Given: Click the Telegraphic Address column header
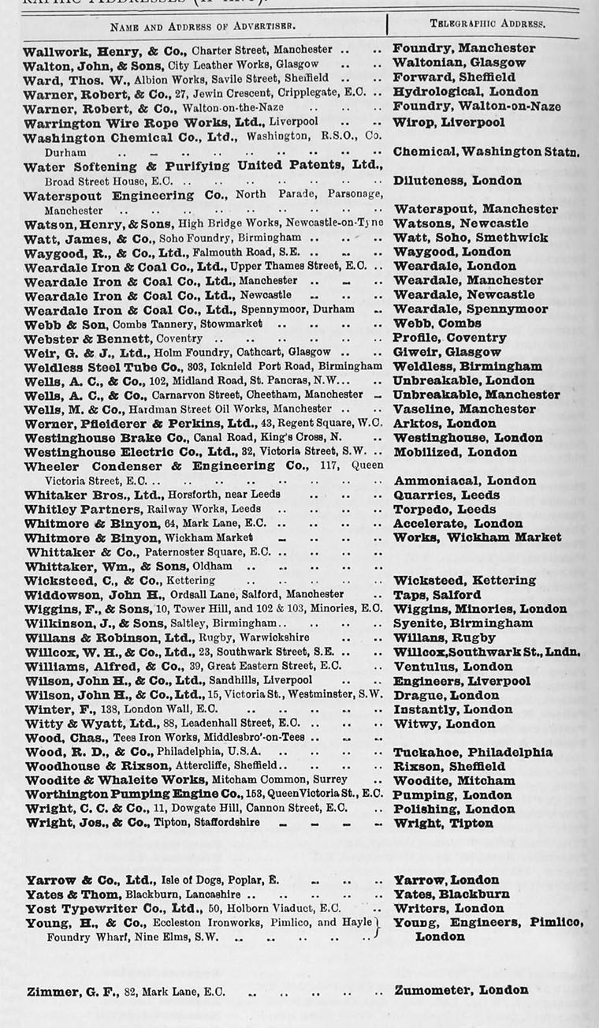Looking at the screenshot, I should [487, 24].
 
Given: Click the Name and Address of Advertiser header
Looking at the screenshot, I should [203, 25].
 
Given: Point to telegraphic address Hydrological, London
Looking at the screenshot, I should [465, 92].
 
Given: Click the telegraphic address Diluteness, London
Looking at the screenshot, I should [457, 181].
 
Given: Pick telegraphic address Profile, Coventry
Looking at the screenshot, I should [449, 338].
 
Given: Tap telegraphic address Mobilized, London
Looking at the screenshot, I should [455, 452].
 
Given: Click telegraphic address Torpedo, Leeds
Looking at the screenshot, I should [444, 509].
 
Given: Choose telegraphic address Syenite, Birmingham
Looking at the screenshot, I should [463, 623].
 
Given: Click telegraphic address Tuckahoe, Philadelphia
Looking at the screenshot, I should [472, 752].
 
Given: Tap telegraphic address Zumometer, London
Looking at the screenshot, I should [461, 990].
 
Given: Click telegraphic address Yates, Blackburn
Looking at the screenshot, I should [451, 894].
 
